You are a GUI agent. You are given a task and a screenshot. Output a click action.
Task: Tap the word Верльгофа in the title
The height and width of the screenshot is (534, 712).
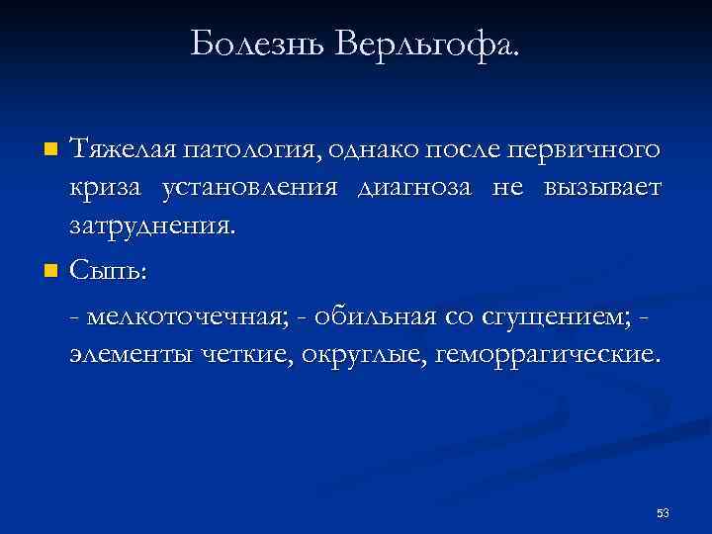(x=428, y=44)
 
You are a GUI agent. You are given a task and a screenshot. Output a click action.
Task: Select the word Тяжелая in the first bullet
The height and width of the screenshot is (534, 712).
(x=120, y=151)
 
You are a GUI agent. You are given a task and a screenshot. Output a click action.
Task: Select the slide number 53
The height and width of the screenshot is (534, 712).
(x=662, y=513)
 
